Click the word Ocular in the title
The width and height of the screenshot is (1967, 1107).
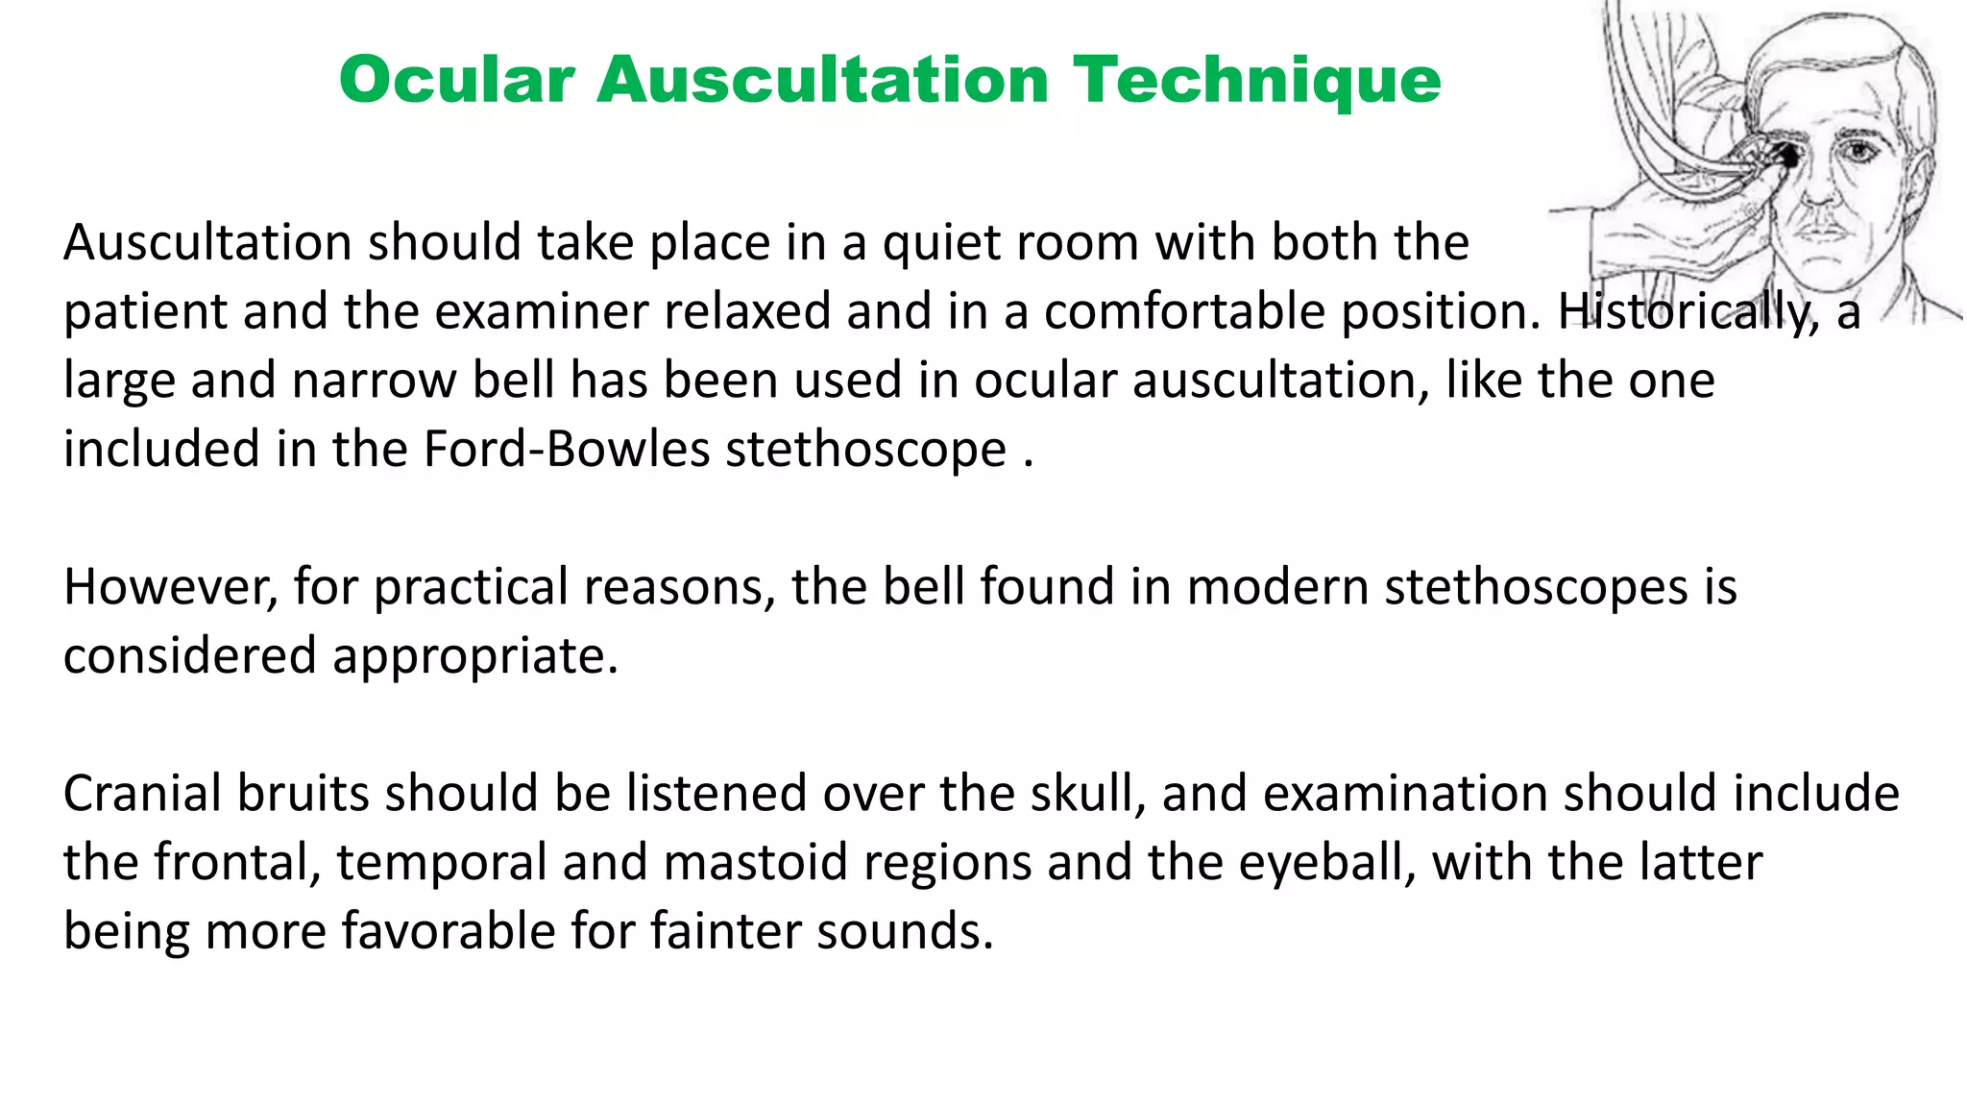456,80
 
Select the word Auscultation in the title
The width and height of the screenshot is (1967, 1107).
822,80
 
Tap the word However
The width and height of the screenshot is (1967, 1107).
170,587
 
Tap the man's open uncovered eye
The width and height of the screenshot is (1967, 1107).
1860,151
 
